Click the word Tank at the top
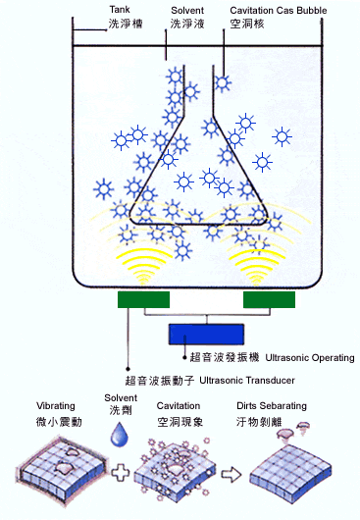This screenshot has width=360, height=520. (120, 9)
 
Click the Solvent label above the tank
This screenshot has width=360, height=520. (187, 9)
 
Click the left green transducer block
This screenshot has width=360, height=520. (143, 299)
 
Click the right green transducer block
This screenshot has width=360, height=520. (270, 299)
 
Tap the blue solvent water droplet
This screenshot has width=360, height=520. (119, 433)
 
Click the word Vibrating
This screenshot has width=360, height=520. (57, 405)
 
